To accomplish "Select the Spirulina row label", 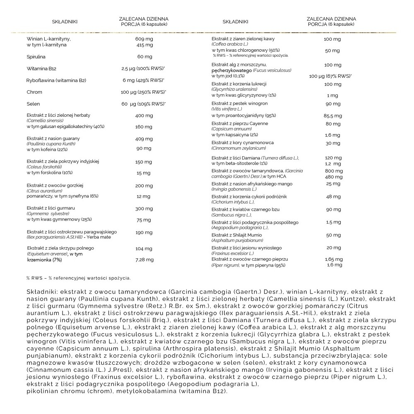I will tap(36, 56).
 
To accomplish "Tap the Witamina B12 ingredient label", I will tap(41, 68).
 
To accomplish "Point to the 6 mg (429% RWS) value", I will tap(143, 80).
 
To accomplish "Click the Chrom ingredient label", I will tap(34, 92).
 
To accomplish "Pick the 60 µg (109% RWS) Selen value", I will tap(143, 104).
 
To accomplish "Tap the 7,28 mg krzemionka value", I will tap(144, 260).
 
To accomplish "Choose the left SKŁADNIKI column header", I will tap(65, 22).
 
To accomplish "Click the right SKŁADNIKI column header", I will tap(235, 22).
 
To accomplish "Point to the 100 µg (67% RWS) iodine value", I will tap(330, 76).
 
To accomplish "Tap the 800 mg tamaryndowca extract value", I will tap(333, 171).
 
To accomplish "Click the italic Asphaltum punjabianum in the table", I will tap(231, 241).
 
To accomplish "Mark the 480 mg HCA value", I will tap(333, 177).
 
